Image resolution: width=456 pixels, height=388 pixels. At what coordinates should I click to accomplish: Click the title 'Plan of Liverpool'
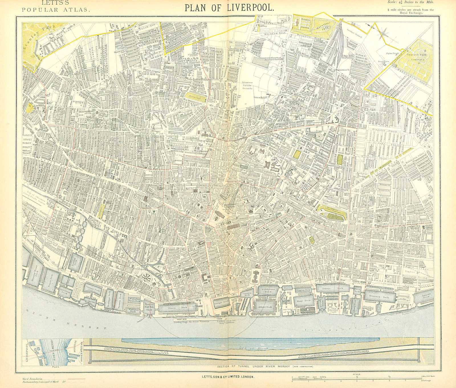[230, 7]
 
